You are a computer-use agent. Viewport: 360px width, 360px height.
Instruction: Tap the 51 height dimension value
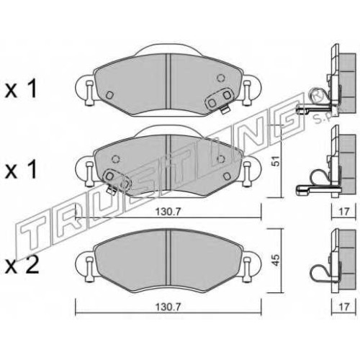[x=276, y=161]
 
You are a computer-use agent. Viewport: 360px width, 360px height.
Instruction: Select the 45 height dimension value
[x=276, y=260]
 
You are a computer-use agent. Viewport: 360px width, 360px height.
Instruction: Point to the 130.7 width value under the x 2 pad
[x=168, y=307]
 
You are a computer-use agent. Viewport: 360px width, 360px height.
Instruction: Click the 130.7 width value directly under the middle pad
[x=168, y=212]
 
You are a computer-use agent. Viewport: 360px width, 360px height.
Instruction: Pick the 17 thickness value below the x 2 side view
[x=344, y=307]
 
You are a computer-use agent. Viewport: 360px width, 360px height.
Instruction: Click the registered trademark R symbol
[x=315, y=95]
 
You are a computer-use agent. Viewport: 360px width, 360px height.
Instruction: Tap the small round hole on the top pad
[x=220, y=78]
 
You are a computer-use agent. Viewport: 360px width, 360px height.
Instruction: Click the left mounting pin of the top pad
[x=89, y=93]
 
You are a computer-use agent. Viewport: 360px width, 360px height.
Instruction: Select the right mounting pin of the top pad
[x=246, y=93]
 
